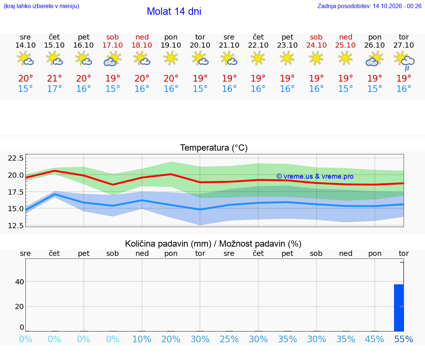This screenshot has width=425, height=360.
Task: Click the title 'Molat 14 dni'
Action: (174, 11)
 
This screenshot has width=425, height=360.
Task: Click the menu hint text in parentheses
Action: (41, 6)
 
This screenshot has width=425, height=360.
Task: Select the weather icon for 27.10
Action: (404, 61)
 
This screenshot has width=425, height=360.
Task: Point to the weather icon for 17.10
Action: (113, 59)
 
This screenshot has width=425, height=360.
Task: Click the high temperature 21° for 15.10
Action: (55, 78)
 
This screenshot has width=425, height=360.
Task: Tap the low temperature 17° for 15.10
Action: (55, 89)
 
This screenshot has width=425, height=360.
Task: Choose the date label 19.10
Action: (171, 45)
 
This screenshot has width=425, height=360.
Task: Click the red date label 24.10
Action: (316, 45)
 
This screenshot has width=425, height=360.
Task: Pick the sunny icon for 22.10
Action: (258, 58)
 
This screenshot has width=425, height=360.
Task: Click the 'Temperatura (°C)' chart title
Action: (214, 148)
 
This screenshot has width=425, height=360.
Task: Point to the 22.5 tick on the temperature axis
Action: (16, 158)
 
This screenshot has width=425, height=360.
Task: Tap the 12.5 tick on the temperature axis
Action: (16, 226)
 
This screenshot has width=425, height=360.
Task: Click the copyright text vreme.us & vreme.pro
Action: (315, 176)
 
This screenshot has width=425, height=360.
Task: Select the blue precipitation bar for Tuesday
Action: (399, 308)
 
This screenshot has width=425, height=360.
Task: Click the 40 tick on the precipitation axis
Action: (20, 282)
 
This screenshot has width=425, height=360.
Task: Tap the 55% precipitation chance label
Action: (404, 339)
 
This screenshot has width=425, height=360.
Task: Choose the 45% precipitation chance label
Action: (374, 339)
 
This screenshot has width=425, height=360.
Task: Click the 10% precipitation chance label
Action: (142, 339)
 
